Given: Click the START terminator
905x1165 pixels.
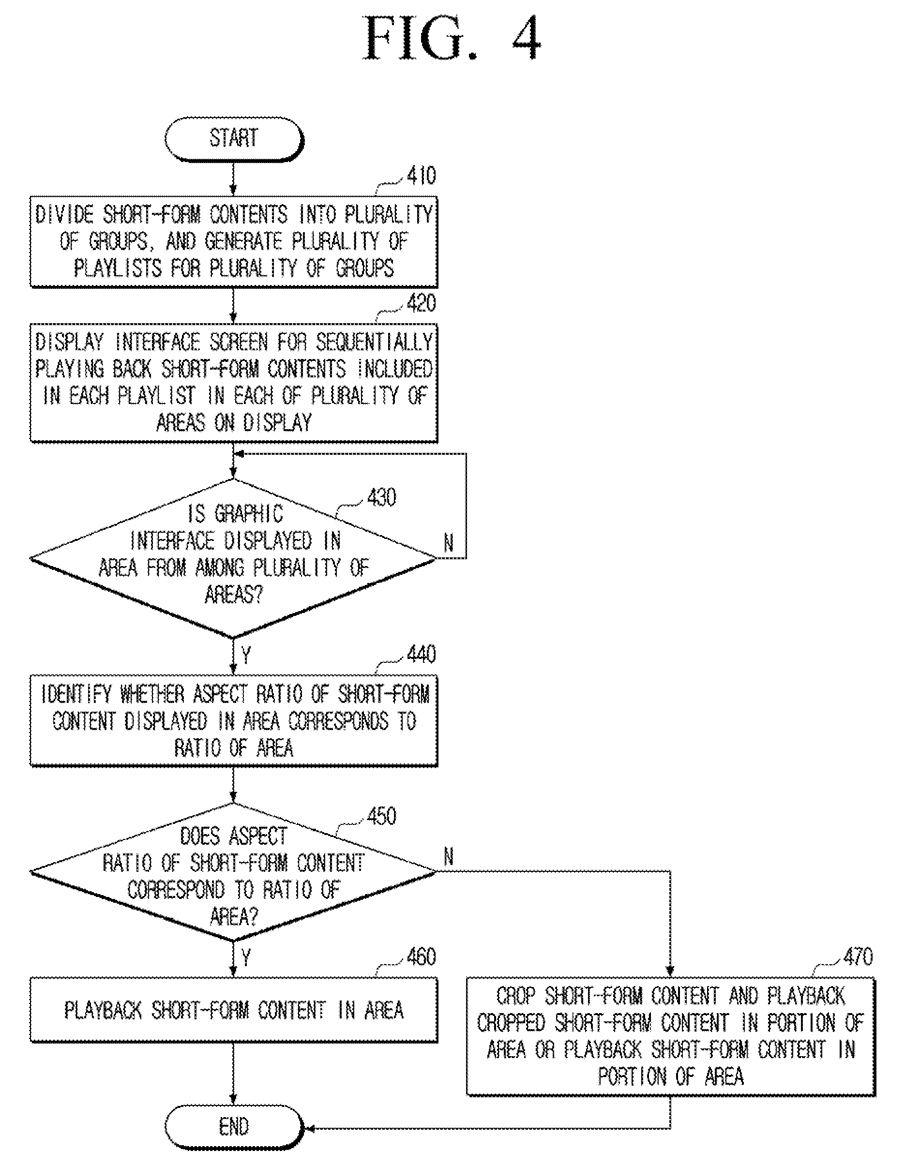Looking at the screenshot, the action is (234, 139).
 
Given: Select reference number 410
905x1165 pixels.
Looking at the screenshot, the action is (421, 176).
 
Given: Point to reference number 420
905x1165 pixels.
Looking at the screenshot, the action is (421, 303).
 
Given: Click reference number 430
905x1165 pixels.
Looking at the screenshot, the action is (381, 497).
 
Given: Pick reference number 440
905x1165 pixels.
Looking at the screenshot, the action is (421, 654).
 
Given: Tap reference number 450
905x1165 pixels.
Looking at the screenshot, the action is (381, 816).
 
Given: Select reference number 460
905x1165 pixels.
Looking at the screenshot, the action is (421, 957).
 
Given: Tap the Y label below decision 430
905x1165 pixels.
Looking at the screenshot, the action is (246, 656).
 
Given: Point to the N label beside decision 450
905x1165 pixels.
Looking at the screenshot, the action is (449, 857).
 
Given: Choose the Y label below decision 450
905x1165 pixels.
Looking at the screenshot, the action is (246, 958).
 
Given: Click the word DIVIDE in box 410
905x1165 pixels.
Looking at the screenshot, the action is (64, 214).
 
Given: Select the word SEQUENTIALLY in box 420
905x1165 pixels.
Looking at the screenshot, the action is (374, 342).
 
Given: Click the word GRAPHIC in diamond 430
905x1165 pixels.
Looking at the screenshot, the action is (249, 514).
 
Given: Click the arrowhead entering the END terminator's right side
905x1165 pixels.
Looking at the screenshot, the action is (308, 1128).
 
